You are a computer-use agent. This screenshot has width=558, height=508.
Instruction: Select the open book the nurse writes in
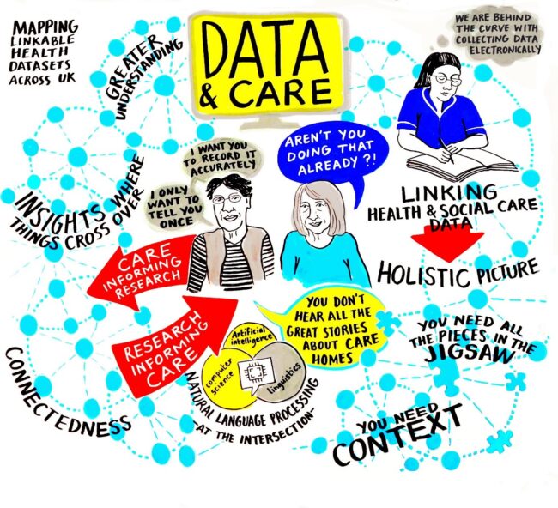[447, 164]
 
